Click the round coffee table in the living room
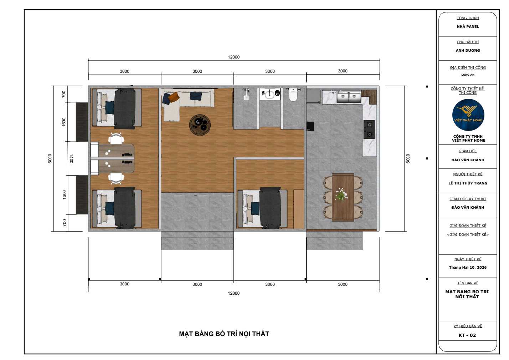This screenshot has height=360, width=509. point(200,125)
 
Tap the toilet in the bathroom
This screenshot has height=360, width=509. point(293,95)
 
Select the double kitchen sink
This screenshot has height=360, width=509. point(349,97)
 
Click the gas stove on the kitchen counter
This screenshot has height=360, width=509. point(369,129)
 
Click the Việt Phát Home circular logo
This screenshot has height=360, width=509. point(468,115)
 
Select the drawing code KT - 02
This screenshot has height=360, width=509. point(467,335)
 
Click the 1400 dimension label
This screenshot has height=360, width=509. point(71,158)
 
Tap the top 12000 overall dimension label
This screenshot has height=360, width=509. point(233,57)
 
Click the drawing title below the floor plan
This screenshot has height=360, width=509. point(224,334)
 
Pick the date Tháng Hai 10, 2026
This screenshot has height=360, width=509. point(468,268)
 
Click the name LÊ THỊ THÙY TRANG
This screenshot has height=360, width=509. point(468,183)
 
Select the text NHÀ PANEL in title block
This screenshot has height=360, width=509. point(468,27)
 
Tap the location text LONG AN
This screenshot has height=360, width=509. point(468,75)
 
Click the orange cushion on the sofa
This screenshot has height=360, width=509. point(174,97)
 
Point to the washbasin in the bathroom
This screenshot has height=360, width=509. point(269,94)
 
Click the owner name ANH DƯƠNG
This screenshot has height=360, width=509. point(468,51)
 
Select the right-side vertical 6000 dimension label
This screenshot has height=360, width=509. point(408,158)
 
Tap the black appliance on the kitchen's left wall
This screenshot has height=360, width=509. point(310,126)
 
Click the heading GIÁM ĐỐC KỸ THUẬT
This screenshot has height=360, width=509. point(468,199)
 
